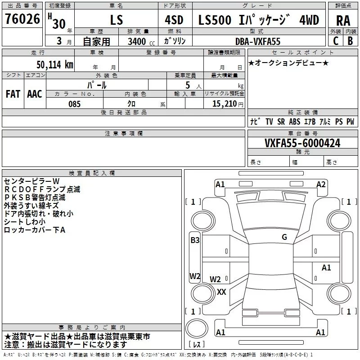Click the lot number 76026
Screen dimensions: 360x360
(22, 19)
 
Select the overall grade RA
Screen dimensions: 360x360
(343, 21)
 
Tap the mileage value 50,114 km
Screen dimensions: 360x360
(54, 65)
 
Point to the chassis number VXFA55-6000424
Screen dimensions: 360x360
(302, 143)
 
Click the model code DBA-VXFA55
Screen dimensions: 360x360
(258, 41)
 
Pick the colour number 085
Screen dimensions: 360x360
(74, 104)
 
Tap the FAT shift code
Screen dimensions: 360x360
(13, 94)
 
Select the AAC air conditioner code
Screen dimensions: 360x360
(35, 94)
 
